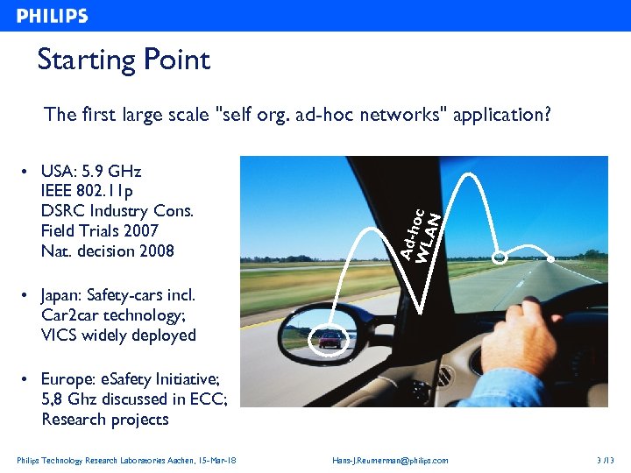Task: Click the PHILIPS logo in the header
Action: click(x=53, y=16)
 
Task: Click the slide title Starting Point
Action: click(x=124, y=60)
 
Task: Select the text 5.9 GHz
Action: click(x=110, y=171)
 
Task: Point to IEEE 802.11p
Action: click(x=87, y=191)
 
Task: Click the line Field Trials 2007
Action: click(x=99, y=231)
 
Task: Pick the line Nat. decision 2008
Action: click(x=107, y=251)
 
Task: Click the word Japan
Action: click(x=63, y=295)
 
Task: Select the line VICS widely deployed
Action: click(x=118, y=335)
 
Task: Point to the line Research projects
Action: click(x=104, y=420)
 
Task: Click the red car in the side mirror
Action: click(x=330, y=339)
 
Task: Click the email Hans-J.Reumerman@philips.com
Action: click(x=390, y=461)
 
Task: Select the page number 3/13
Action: click(x=606, y=461)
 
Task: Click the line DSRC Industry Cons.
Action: click(x=117, y=211)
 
